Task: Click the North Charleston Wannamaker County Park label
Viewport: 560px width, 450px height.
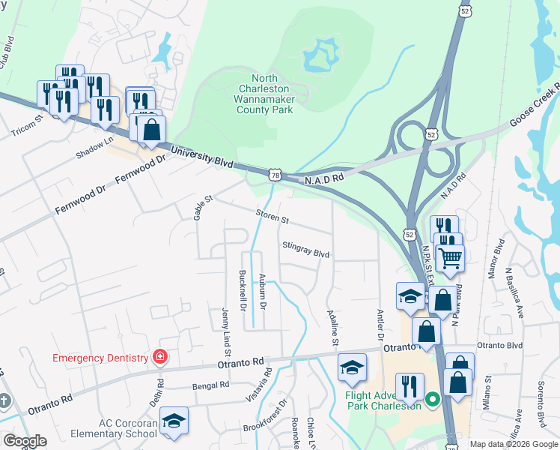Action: point(264,94)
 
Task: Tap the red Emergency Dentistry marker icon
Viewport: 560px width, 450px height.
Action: point(159,357)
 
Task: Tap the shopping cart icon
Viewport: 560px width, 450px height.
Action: point(450,257)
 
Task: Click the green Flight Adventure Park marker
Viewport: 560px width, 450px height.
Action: point(432,400)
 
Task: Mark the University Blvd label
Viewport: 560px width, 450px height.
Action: point(201,157)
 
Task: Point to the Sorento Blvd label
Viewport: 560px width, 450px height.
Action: point(541,403)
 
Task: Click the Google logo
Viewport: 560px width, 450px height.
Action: point(24,441)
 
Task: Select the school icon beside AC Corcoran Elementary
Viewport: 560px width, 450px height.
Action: point(174,421)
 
